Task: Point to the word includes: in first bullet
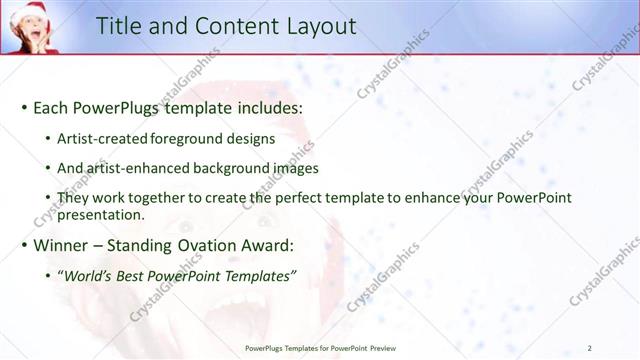pyautogui.click(x=261, y=107)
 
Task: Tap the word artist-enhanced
pyautogui.click(x=133, y=168)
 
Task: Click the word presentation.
pyautogui.click(x=103, y=214)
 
